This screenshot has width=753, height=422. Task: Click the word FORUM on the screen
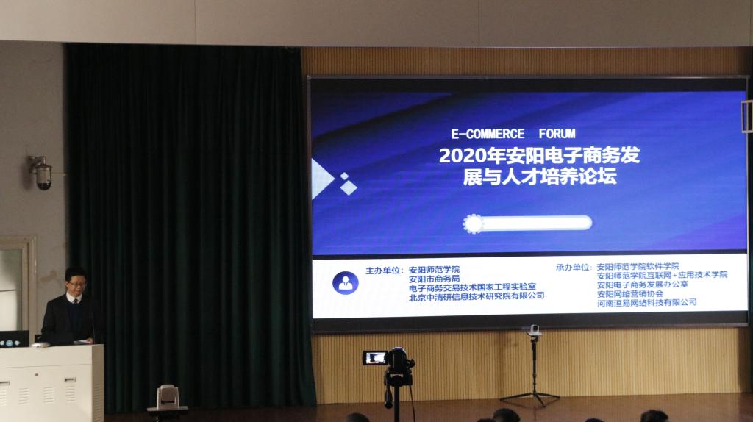tap(557, 133)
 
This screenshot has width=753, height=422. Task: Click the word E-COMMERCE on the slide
tap(488, 134)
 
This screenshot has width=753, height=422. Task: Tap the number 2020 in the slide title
tap(456, 156)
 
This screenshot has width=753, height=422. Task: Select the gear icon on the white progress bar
tap(474, 223)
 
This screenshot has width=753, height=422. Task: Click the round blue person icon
tap(346, 283)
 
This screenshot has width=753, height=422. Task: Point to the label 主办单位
tap(384, 271)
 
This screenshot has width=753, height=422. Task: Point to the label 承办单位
tap(574, 267)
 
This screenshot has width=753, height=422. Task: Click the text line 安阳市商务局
tap(434, 279)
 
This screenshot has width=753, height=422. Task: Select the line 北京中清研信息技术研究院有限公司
tap(477, 296)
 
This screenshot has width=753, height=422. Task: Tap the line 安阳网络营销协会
tap(630, 293)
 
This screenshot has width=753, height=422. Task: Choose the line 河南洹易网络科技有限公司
tap(647, 302)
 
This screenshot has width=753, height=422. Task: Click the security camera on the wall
tap(41, 172)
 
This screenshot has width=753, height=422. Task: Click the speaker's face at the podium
tap(76, 285)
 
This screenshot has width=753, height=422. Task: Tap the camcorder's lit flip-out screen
tap(374, 357)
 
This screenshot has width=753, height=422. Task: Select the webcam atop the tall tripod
tap(534, 330)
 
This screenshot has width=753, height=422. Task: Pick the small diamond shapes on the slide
tap(348, 184)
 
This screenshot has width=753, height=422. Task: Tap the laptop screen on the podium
tap(14, 338)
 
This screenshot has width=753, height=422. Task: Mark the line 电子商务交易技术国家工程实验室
tap(472, 287)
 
